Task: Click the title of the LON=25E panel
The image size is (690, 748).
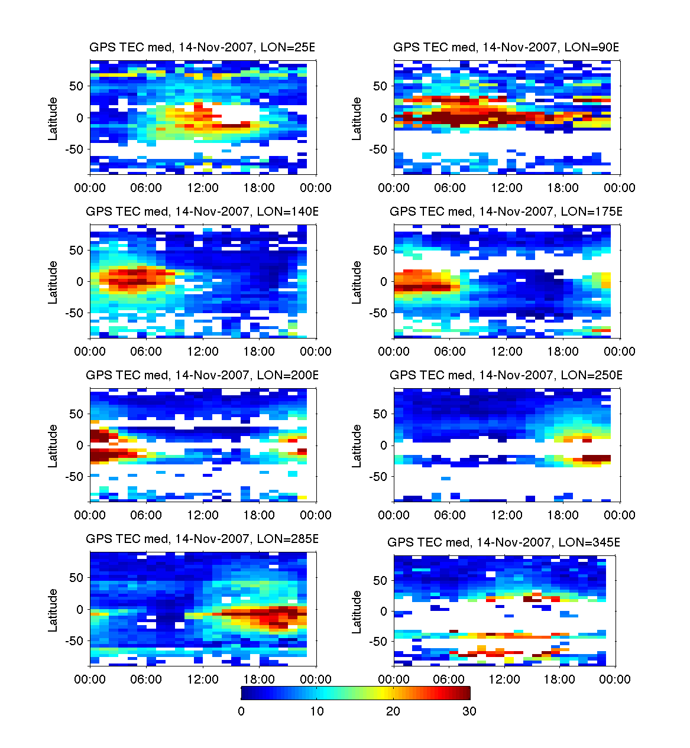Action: coord(202,47)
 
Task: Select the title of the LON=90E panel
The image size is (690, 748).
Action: coord(506,47)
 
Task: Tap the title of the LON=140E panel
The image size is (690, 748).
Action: coord(202,212)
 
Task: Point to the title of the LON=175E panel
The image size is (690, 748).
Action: coord(506,212)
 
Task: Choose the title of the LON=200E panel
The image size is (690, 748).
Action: coord(202,375)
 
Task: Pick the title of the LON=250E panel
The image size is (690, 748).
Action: coord(506,375)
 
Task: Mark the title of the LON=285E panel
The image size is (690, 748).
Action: coord(202,539)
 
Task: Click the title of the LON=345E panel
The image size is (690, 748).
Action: coord(504,542)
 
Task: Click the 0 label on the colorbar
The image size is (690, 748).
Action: coord(241,711)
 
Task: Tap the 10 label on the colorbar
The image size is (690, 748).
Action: coord(317,711)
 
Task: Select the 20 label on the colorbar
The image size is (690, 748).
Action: coord(393,711)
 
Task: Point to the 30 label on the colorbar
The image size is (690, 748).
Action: coord(469,711)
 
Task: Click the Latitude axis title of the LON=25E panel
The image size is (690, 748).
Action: coord(53,118)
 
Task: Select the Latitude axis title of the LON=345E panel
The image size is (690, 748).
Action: coord(357,612)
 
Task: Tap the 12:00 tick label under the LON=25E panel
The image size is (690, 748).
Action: coord(203,188)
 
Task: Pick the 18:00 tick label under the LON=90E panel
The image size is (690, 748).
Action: coord(563,188)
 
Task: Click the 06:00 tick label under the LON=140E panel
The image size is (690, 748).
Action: coord(146,352)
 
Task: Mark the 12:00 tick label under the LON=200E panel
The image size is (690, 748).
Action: coord(203,515)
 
